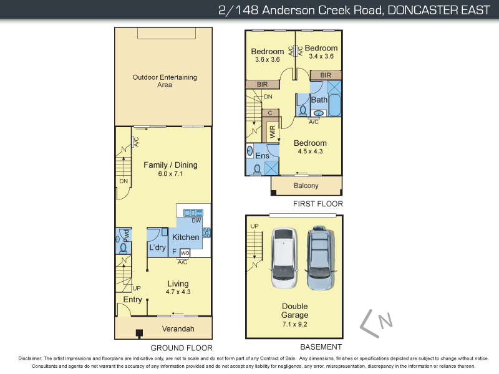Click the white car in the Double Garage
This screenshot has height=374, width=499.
(283, 259)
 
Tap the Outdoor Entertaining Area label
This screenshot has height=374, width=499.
(164, 81)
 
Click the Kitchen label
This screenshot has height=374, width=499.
(185, 237)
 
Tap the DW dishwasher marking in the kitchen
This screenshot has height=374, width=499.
(196, 221)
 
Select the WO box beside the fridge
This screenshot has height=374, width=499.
(185, 252)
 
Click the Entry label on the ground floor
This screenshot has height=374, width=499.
(132, 300)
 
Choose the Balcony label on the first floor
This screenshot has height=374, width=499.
(306, 186)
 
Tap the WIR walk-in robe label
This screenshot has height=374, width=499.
(273, 132)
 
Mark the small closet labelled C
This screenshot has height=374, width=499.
(269, 113)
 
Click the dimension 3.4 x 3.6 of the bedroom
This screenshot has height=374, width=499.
(321, 56)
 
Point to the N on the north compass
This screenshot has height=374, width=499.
(387, 321)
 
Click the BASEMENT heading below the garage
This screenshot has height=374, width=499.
(322, 347)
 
